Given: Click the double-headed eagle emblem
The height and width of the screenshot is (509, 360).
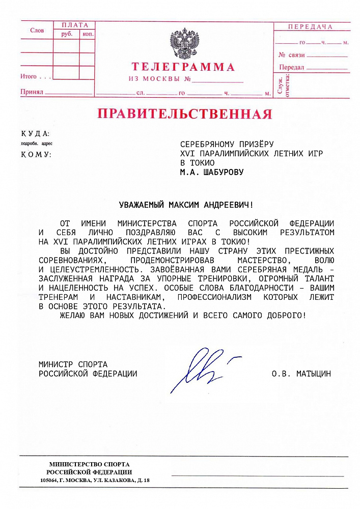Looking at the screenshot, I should (x=184, y=44).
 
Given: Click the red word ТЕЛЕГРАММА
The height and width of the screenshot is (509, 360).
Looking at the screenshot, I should (x=183, y=67).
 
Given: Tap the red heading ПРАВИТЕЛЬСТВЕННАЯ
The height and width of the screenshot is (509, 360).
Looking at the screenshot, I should (x=185, y=114).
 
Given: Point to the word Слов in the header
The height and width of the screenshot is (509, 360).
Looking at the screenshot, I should (x=37, y=31).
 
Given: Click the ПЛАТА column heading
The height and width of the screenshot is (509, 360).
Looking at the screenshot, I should (x=74, y=25).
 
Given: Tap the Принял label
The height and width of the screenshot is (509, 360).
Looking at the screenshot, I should (x=31, y=92).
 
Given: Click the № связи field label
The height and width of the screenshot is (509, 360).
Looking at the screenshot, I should (x=291, y=55).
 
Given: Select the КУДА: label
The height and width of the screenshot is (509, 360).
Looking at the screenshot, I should (x=35, y=133).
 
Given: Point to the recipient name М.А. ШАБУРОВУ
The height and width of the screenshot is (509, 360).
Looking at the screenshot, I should (x=212, y=172).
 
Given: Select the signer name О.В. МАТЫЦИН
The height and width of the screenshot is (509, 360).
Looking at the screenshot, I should (x=301, y=374).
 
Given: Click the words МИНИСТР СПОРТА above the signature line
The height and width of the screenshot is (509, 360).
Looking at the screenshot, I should (x=73, y=364).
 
